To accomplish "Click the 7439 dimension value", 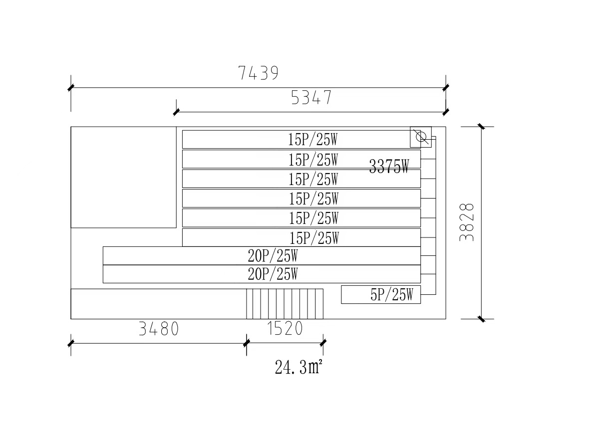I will (258, 74).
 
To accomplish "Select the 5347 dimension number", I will (311, 98).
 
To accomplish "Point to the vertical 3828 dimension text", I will (467, 222).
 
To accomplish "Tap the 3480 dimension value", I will (158, 330).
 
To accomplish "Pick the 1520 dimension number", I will (285, 330).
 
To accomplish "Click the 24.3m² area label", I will (298, 368).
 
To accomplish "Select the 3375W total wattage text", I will (389, 167).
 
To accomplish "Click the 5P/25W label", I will (392, 295).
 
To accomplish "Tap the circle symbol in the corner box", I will (421, 137).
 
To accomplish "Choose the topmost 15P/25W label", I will (313, 140).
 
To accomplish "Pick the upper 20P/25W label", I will (273, 256).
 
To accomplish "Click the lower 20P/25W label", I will (273, 274).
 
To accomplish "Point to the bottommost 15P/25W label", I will (314, 238).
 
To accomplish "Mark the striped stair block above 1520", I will (285, 304).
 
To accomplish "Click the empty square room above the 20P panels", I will (123, 177).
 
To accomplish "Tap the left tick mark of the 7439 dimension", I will (71, 88).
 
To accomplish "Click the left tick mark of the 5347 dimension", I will (176, 112).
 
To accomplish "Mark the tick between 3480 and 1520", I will (247, 343).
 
